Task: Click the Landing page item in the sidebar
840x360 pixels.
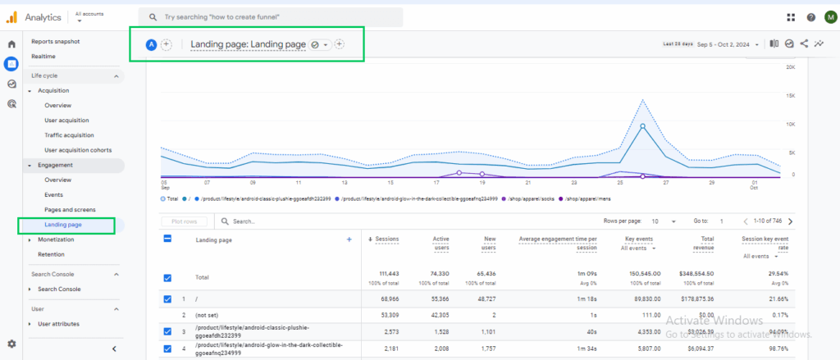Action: point(62,224)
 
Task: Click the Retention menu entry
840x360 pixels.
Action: point(51,254)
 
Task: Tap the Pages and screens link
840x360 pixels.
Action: point(70,209)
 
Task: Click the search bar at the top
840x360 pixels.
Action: point(271,16)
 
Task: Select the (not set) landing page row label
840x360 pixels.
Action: point(208,315)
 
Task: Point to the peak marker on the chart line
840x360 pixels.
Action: point(642,127)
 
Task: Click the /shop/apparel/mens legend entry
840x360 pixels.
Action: point(610,198)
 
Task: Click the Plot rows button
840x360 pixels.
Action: point(184,221)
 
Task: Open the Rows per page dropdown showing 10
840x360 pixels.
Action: point(663,221)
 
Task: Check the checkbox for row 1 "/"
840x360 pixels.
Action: point(167,299)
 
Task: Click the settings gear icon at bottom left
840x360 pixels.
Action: point(11,344)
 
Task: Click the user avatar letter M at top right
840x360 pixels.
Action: point(829,17)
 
